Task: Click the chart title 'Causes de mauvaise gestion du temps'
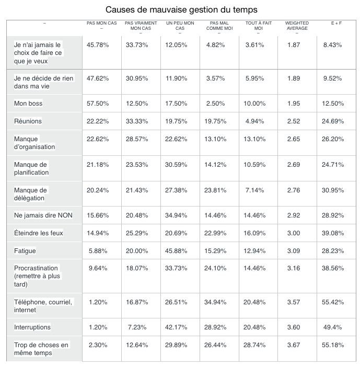point(181,9)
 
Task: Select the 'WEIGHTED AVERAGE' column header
point(297,26)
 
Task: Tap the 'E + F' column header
point(336,23)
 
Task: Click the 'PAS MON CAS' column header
point(101,23)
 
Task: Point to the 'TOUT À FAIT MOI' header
point(259,26)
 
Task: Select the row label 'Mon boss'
point(28,104)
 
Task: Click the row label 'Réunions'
point(28,121)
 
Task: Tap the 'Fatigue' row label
point(25,251)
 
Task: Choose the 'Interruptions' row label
point(32,327)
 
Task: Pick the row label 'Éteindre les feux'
point(39,233)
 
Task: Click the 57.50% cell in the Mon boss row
point(98,104)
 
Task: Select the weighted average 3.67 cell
point(294,345)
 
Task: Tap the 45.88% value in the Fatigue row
point(176,251)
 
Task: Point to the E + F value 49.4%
point(332,327)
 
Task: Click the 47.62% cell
point(98,78)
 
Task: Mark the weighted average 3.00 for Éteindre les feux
point(294,233)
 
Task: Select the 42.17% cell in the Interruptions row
point(176,327)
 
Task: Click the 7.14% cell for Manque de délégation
point(254,190)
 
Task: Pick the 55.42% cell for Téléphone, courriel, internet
point(333,302)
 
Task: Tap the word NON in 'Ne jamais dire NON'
point(65,215)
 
